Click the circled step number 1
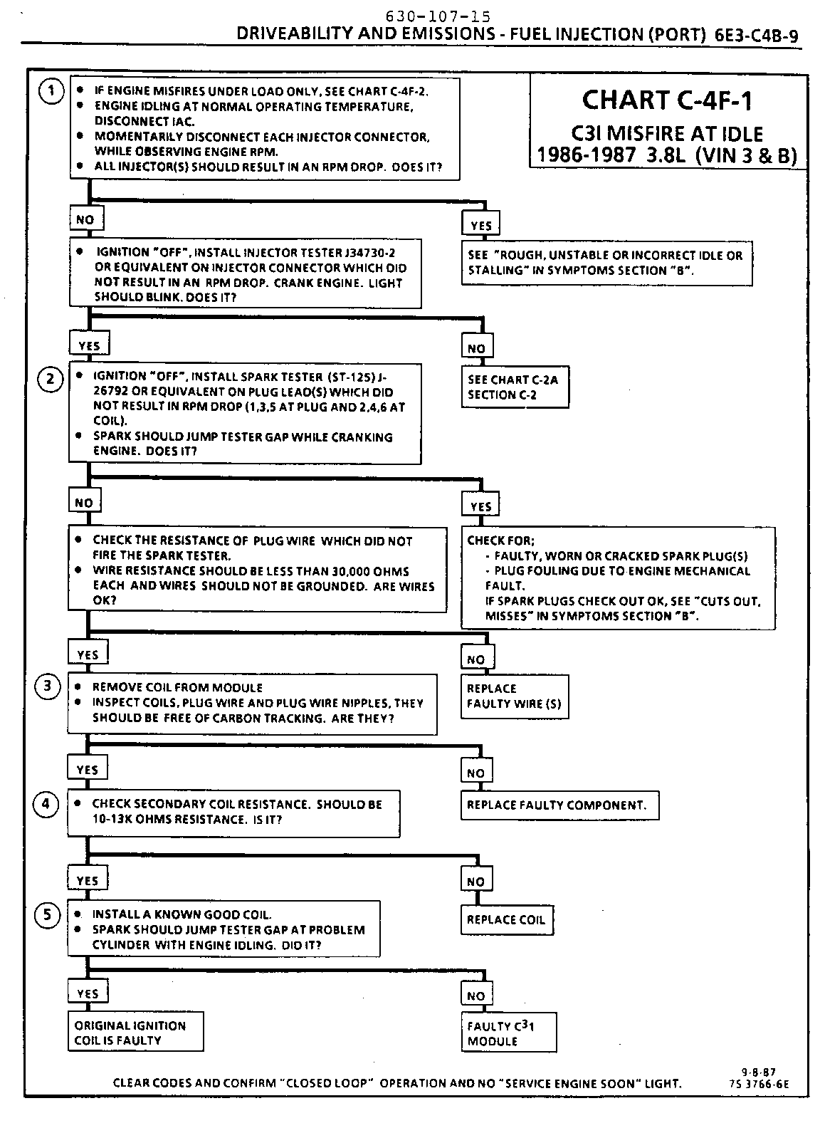click(x=51, y=92)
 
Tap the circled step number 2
click(x=50, y=378)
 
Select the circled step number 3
click(x=48, y=686)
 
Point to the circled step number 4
click(x=46, y=804)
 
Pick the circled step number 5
click(x=48, y=914)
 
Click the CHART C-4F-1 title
click(x=666, y=100)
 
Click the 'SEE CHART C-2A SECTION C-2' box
click(x=515, y=387)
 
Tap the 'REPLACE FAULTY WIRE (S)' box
click(x=515, y=696)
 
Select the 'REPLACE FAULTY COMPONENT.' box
click(x=559, y=805)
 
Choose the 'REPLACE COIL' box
click(x=506, y=920)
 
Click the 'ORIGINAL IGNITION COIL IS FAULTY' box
click(x=135, y=1033)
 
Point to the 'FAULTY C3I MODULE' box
click(x=508, y=1033)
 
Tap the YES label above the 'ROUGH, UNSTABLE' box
click(x=481, y=226)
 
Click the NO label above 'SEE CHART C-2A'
click(x=476, y=348)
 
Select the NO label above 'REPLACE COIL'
click(x=475, y=882)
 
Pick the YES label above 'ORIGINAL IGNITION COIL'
click(x=87, y=993)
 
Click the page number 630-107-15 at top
click(x=437, y=16)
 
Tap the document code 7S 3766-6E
click(x=759, y=1085)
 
